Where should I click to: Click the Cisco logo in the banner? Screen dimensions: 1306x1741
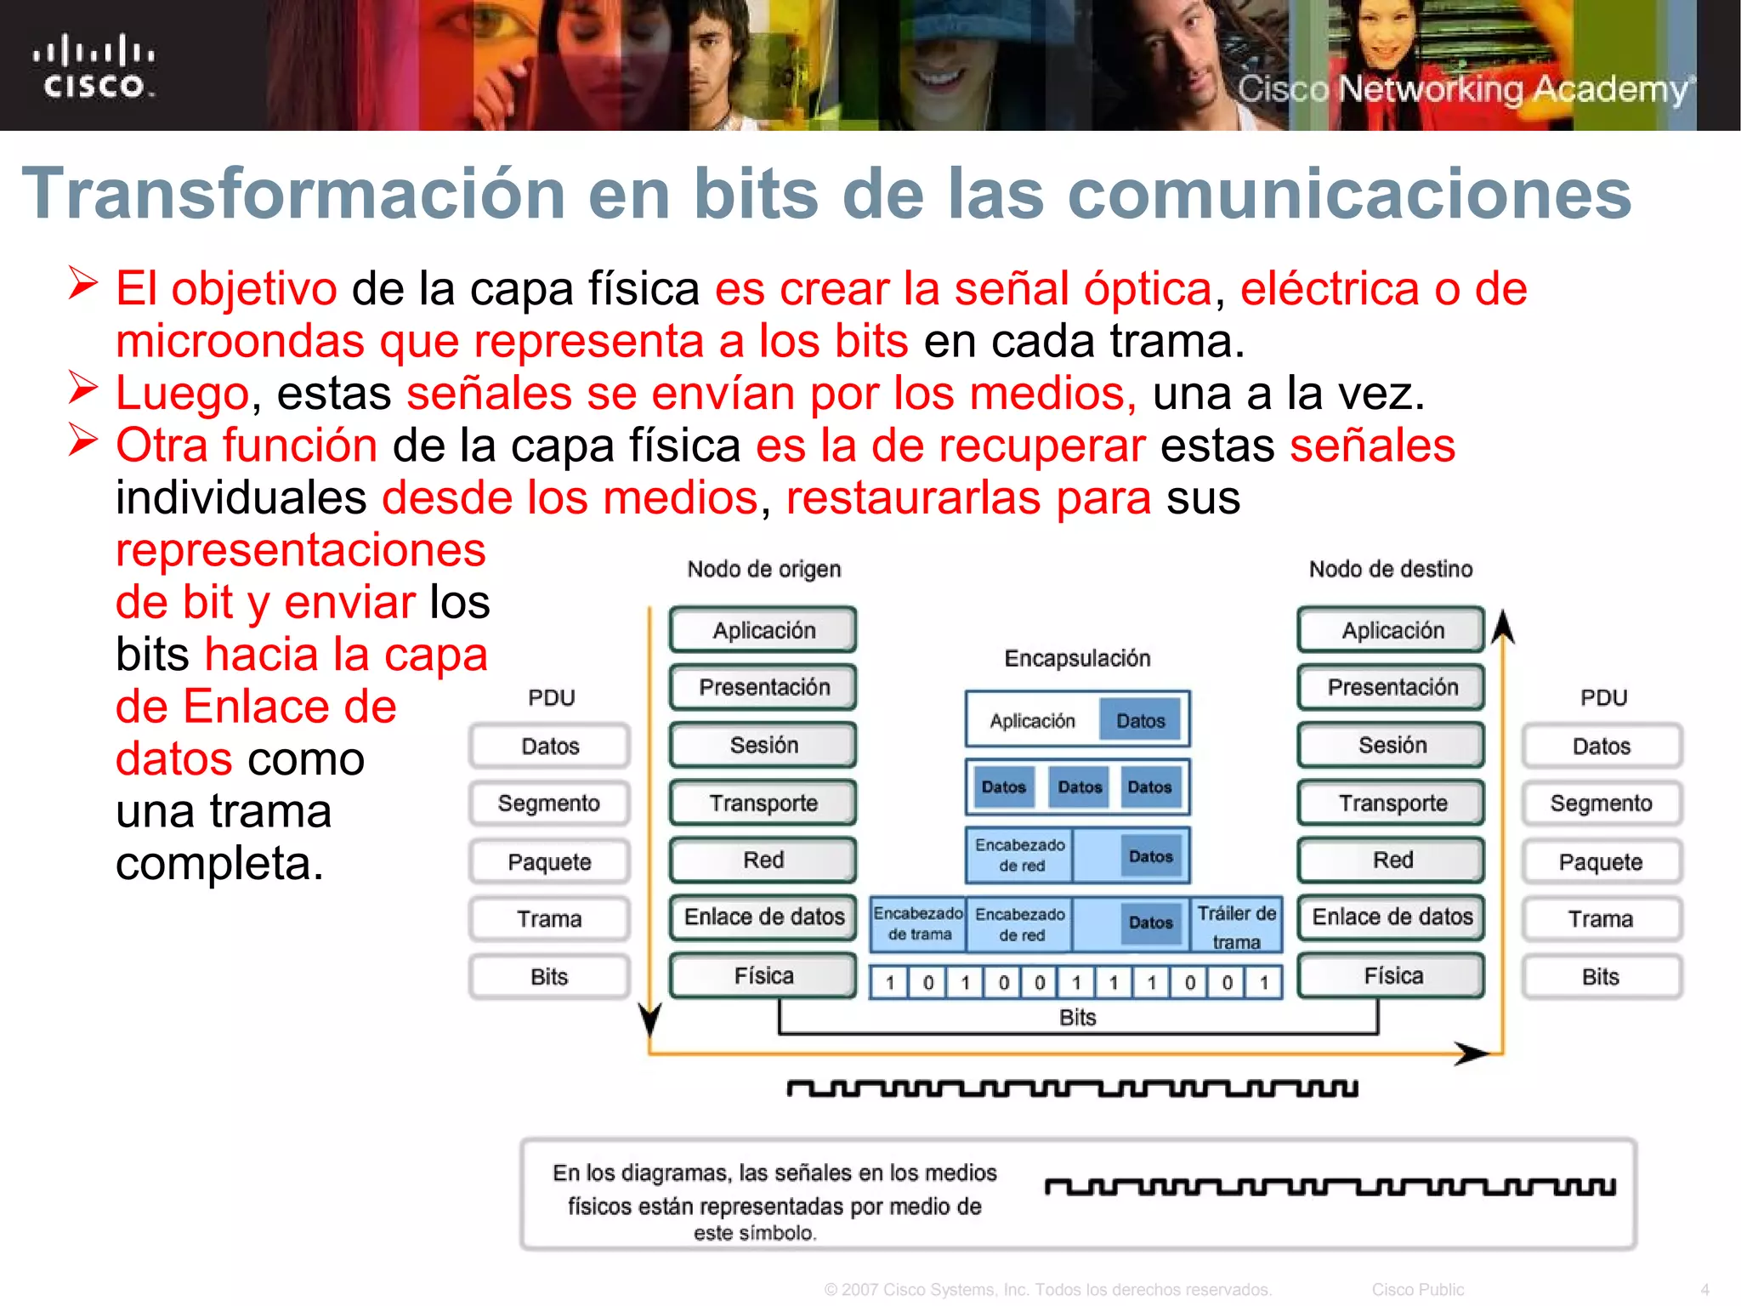click(94, 66)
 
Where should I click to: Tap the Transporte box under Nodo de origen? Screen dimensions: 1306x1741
click(763, 803)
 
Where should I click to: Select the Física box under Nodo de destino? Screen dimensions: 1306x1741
click(1392, 975)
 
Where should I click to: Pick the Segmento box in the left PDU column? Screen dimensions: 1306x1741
click(549, 803)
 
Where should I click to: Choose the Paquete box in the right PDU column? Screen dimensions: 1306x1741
click(1601, 862)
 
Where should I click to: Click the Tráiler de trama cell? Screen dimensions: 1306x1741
click(1236, 926)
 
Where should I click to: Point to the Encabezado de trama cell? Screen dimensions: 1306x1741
click(918, 923)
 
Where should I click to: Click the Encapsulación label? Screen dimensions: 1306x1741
click(1077, 658)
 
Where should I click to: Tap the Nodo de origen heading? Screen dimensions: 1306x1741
click(763, 569)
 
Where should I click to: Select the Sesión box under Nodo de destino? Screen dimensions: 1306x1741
click(1392, 745)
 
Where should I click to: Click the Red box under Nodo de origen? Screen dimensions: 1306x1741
click(763, 860)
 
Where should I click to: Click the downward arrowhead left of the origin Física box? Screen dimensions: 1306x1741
click(650, 1018)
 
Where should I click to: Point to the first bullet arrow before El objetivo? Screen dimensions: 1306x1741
click(83, 284)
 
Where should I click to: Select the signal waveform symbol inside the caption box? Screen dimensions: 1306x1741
click(1330, 1187)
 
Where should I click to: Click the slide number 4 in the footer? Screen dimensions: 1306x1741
click(1704, 1290)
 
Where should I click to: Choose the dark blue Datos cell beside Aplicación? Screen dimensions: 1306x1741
click(1140, 721)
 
